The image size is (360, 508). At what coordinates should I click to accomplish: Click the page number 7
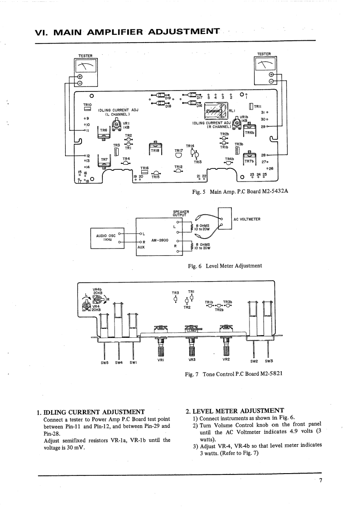pos(320,481)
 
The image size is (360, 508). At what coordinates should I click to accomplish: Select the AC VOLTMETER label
pos(247,220)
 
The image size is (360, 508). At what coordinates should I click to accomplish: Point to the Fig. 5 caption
pos(240,192)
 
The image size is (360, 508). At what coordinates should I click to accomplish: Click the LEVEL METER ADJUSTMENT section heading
pos(235,411)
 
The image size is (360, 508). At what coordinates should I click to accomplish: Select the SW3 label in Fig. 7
pos(269,361)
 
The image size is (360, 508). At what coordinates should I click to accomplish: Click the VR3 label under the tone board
pos(191,360)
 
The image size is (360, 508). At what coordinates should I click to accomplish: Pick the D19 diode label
pos(168,98)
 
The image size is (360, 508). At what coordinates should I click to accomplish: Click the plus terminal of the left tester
pos(80,76)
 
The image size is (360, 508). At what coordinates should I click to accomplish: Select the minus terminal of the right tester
pos(271,81)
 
